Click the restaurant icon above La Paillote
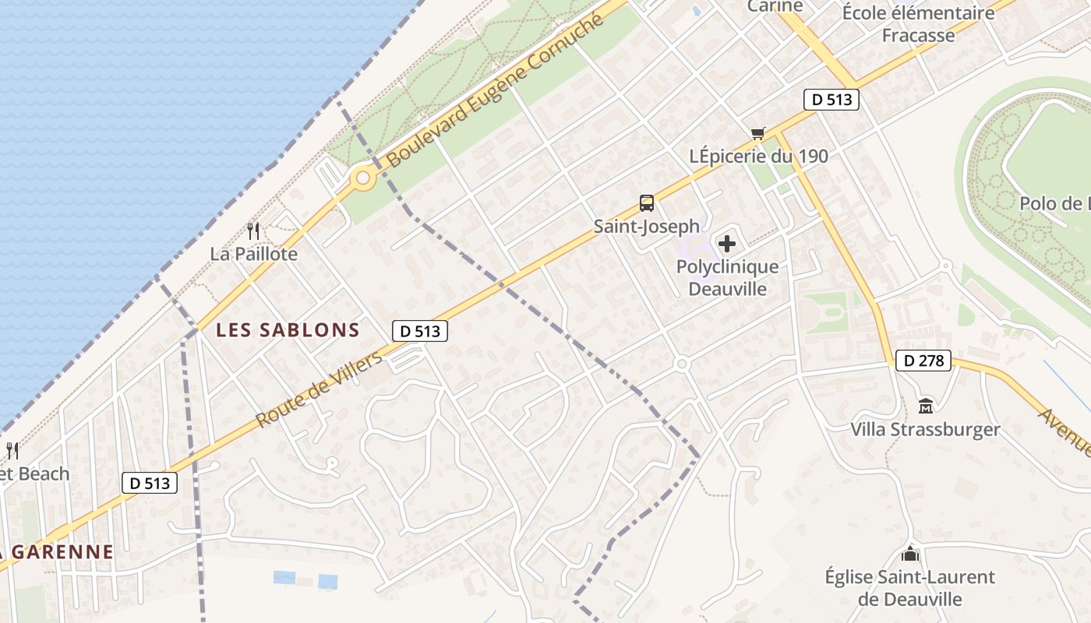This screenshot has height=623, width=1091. pyautogui.click(x=253, y=231)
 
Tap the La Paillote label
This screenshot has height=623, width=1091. pyautogui.click(x=253, y=254)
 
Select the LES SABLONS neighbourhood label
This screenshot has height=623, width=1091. pyautogui.click(x=288, y=329)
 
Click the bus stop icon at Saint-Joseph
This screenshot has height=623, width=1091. pyautogui.click(x=646, y=203)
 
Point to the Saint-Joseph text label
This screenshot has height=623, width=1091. pyautogui.click(x=646, y=227)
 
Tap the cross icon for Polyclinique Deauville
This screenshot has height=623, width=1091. pyautogui.click(x=726, y=244)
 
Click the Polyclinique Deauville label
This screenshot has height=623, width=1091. pyautogui.click(x=727, y=278)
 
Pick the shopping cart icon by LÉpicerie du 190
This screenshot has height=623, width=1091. pyautogui.click(x=757, y=133)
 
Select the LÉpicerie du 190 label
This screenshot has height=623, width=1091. pyautogui.click(x=758, y=156)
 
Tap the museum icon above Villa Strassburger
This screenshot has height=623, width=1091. pyautogui.click(x=925, y=406)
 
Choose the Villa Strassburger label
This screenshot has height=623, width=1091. pyautogui.click(x=925, y=429)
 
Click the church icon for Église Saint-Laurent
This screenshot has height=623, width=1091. pyautogui.click(x=909, y=554)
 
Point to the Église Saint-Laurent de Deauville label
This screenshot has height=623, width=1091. pyautogui.click(x=909, y=588)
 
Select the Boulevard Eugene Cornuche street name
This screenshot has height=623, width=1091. pyautogui.click(x=495, y=90)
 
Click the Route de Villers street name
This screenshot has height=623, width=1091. pyautogui.click(x=319, y=389)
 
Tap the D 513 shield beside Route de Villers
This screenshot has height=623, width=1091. pyautogui.click(x=420, y=331)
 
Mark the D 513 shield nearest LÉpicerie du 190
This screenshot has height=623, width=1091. pyautogui.click(x=831, y=100)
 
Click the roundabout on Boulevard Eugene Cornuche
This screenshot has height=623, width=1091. pyautogui.click(x=362, y=179)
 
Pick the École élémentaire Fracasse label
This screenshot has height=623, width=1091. pyautogui.click(x=918, y=24)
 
